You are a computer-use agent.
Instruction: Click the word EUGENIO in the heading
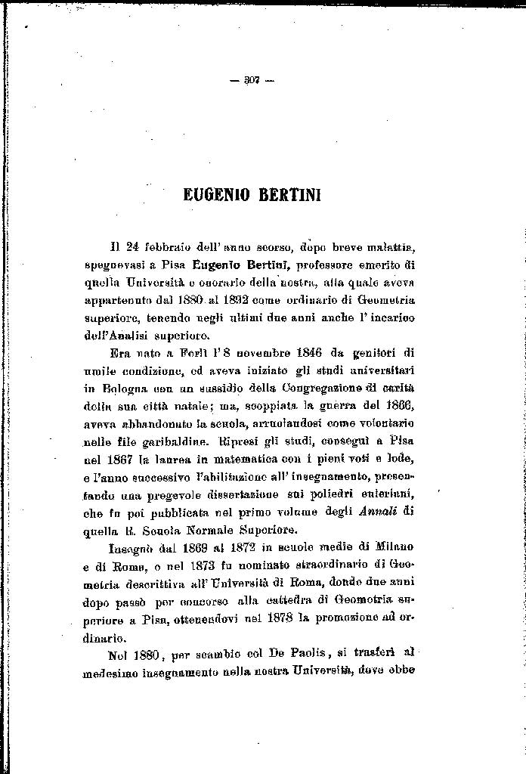click(x=216, y=194)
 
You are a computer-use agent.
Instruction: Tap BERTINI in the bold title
click(x=291, y=194)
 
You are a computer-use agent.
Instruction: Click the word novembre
click(x=282, y=352)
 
